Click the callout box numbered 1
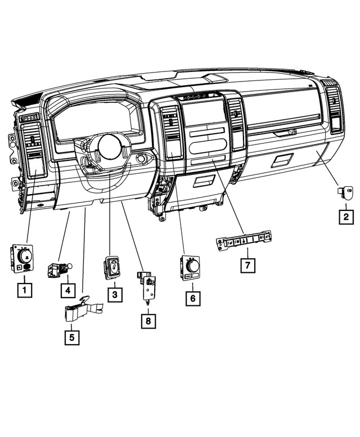click(x=23, y=291)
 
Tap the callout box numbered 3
click(x=114, y=294)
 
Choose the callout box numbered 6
click(x=192, y=298)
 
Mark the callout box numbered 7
click(x=246, y=264)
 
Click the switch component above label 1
click(x=22, y=259)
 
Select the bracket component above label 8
click(x=148, y=285)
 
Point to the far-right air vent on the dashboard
click(x=334, y=110)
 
